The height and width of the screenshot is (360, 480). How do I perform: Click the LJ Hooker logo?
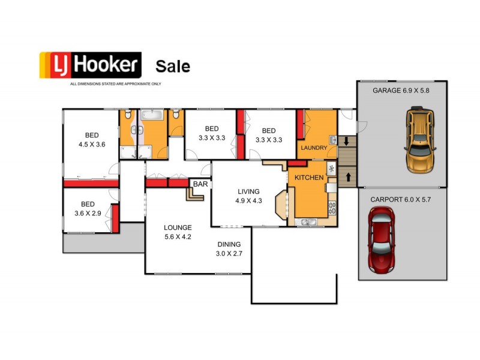[x=90, y=65]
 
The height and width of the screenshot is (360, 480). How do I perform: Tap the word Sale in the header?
[x=173, y=65]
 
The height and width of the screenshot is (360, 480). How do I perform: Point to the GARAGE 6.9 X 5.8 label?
[x=401, y=91]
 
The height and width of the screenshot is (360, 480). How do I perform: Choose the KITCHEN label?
[x=309, y=178]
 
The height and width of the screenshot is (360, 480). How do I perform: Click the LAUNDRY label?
[x=313, y=148]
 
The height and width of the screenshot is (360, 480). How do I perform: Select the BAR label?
[x=200, y=184]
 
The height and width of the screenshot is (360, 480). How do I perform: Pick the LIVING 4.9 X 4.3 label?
[x=248, y=196]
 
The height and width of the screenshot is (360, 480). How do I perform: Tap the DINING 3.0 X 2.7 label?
[x=229, y=248]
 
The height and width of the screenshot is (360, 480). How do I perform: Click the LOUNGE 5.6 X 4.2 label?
[x=178, y=232]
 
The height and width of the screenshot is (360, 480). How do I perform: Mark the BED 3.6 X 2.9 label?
[x=88, y=208]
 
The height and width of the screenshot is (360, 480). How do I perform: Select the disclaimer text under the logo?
[x=115, y=83]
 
